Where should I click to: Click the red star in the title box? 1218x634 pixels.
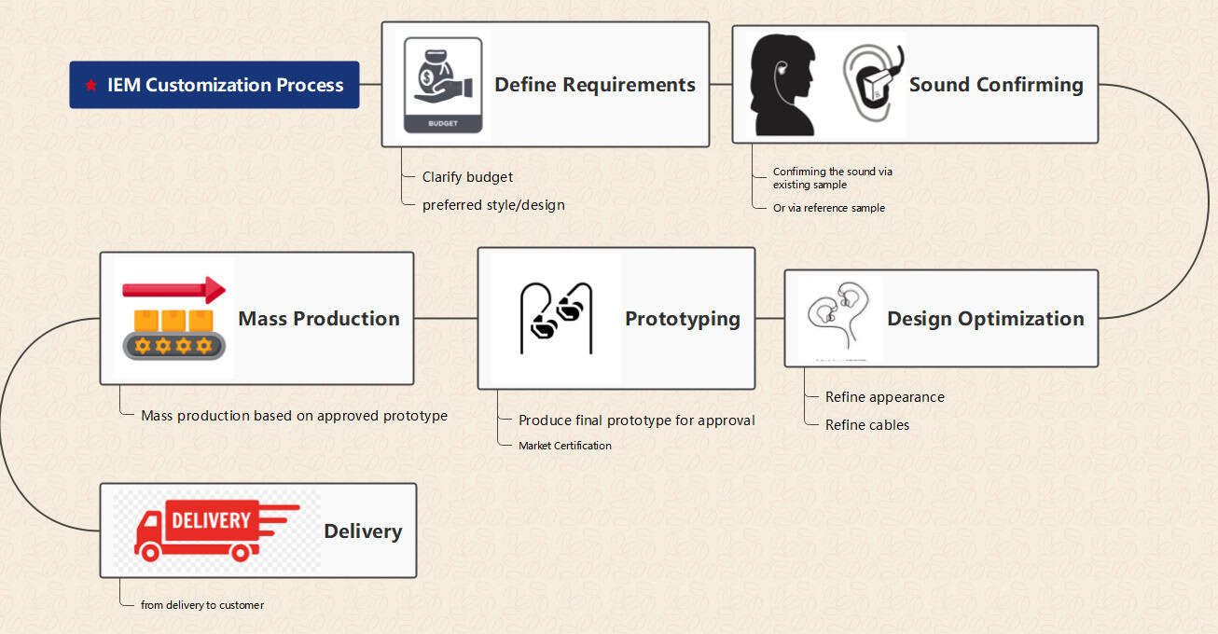90,85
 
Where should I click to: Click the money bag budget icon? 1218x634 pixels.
443,86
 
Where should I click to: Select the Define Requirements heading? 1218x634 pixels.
595,85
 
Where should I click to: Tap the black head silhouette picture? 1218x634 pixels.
783,85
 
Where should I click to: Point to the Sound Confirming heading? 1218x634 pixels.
996,85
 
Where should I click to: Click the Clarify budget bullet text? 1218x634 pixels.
467,177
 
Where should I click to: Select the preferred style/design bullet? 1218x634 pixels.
493,205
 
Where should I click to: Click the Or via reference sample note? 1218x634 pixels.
829,208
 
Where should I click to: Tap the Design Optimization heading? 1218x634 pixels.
985,319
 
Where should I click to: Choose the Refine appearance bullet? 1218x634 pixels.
885,397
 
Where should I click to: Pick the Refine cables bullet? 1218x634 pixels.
866,424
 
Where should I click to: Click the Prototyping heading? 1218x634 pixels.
683,319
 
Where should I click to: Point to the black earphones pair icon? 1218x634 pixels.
556,318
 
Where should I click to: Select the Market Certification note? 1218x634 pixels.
565,446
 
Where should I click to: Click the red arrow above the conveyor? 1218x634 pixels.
174,290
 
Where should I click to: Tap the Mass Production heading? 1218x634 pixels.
319,319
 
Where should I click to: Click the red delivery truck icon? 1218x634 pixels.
216,531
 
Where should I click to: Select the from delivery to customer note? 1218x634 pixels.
202,605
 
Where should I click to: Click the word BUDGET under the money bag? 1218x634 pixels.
443,123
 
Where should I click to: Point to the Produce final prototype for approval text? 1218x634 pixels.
636,420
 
